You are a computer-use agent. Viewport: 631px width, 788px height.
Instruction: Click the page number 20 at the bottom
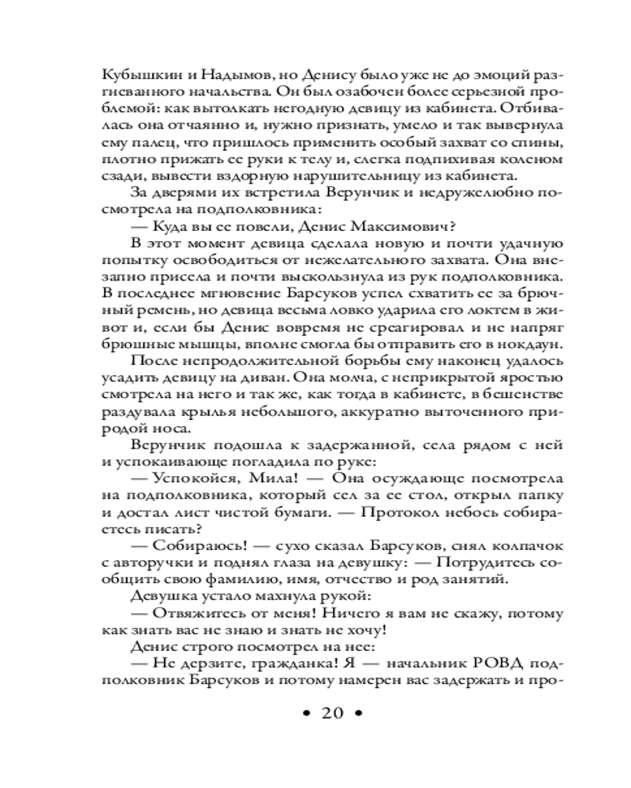331,715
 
